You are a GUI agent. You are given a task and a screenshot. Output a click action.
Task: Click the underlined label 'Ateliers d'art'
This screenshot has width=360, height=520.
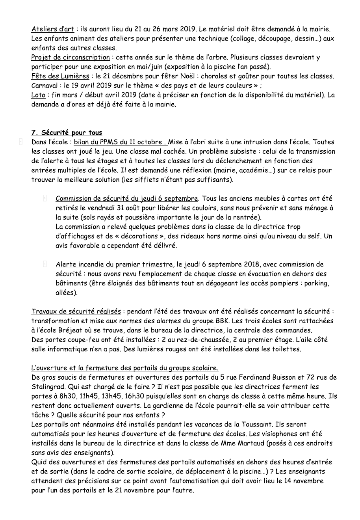[x=52, y=29]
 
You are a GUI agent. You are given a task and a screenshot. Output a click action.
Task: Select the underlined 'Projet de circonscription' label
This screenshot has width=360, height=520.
[x=71, y=58]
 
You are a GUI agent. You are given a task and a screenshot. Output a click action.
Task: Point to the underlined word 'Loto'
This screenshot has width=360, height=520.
[x=38, y=95]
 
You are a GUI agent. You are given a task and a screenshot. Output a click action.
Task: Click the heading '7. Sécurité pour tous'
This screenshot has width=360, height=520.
[x=67, y=132]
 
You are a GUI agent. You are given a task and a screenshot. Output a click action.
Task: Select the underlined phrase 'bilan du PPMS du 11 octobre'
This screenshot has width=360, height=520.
[x=119, y=142]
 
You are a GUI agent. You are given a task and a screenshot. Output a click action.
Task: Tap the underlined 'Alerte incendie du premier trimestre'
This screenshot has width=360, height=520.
[x=114, y=265]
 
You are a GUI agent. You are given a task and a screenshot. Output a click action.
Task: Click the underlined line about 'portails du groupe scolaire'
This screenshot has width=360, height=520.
[x=124, y=368]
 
